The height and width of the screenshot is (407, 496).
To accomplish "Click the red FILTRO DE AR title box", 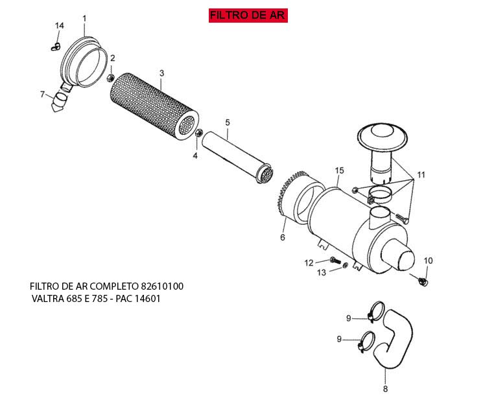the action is [x=248, y=16].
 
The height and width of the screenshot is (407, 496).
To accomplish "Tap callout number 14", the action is [x=60, y=26].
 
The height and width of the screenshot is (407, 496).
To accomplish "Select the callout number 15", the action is [x=339, y=170].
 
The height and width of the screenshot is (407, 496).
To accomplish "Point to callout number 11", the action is [x=421, y=175].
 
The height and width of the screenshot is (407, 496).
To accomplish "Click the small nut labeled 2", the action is [x=111, y=77].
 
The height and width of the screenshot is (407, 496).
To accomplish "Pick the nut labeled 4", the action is [x=199, y=132].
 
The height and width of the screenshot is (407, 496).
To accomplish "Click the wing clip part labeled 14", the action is [x=56, y=47].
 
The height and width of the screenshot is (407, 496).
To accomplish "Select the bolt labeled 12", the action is [x=335, y=261].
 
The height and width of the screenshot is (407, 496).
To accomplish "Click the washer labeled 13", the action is [x=345, y=265].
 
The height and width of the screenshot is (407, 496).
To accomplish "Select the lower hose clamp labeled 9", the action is [x=366, y=342].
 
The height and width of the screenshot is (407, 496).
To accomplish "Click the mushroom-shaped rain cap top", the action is [x=383, y=137].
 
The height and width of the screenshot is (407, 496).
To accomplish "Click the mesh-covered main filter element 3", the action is [x=154, y=106].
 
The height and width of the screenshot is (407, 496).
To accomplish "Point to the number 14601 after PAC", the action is [x=148, y=299].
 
